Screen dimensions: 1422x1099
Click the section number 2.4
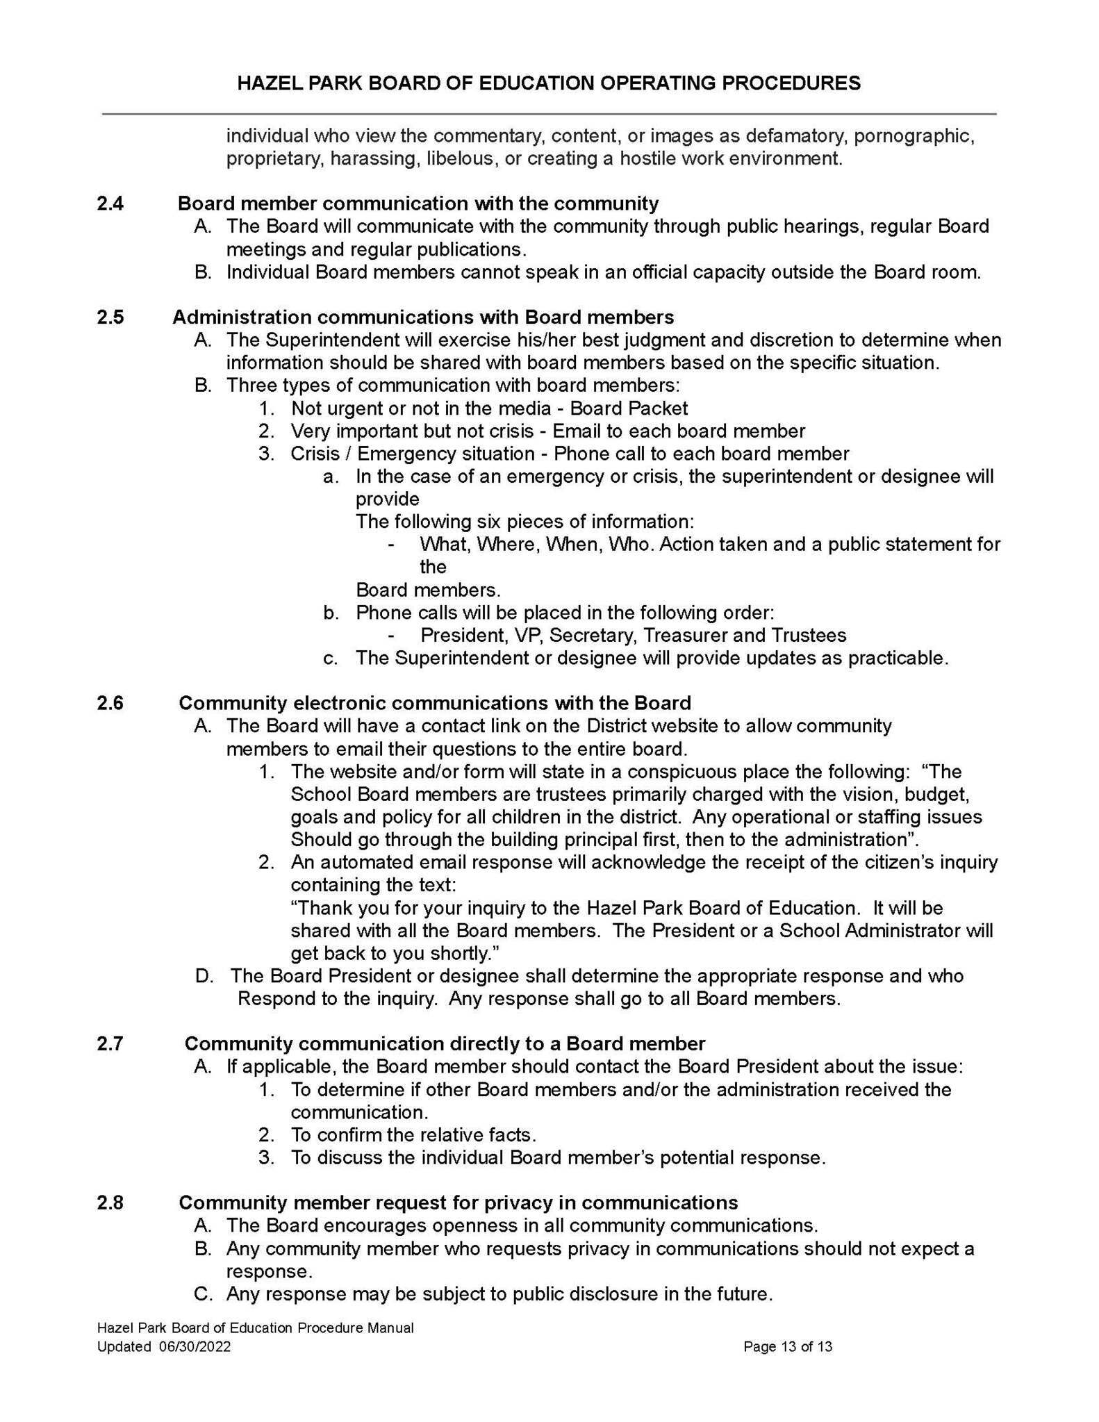[x=110, y=204]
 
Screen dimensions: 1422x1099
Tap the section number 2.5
[x=110, y=317]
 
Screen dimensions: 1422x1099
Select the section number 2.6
[x=110, y=703]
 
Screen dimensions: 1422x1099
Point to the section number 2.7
[x=110, y=1044]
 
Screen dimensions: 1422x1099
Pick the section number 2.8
[x=110, y=1202]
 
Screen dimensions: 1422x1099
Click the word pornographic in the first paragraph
[x=914, y=135]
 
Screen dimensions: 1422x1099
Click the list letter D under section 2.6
[x=204, y=976]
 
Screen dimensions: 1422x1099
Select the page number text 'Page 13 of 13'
[x=787, y=1347]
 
